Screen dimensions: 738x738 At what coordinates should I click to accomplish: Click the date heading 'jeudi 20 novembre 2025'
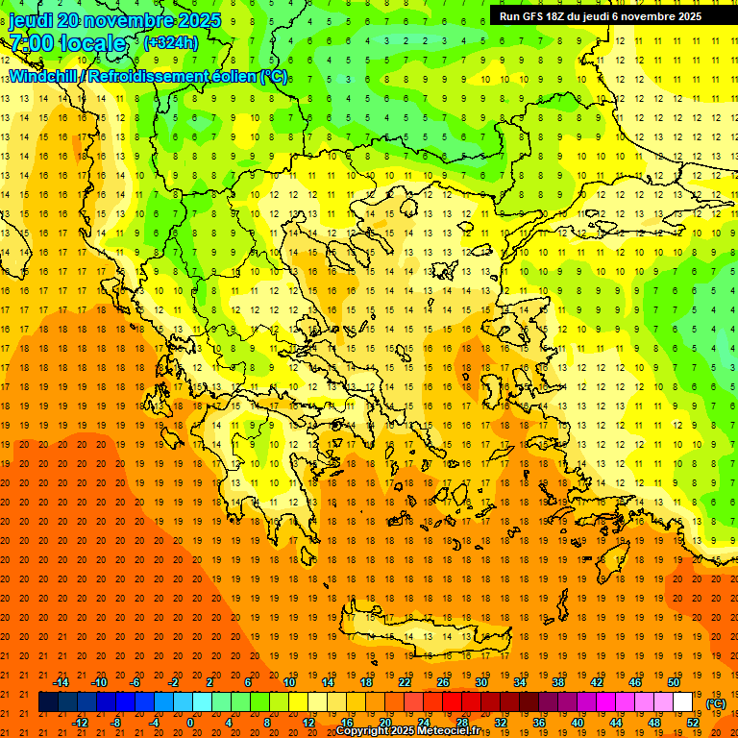point(114,20)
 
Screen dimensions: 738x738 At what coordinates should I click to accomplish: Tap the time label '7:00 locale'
point(67,43)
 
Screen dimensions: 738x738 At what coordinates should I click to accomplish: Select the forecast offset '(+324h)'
point(171,42)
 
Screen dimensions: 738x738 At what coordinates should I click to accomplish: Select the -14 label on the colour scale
point(61,682)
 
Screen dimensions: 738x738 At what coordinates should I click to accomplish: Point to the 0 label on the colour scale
point(190,723)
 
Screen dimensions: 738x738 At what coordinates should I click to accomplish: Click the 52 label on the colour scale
point(693,723)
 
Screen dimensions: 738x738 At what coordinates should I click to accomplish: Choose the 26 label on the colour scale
point(443,682)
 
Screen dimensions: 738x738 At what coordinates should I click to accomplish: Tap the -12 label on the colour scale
point(80,723)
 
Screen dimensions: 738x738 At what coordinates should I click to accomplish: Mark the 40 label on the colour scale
point(578,723)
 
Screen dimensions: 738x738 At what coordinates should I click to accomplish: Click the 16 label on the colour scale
point(346,723)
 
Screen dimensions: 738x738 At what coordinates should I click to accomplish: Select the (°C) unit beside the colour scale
point(716,703)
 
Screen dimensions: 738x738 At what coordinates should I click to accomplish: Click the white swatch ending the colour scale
point(683,702)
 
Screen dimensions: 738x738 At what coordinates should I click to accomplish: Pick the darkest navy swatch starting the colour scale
point(48,702)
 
